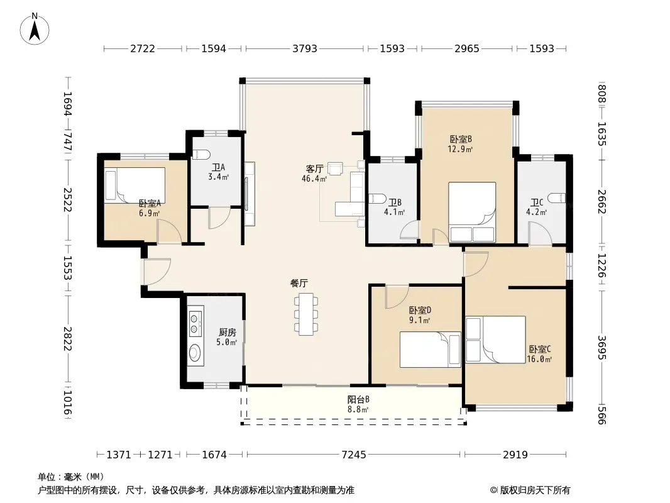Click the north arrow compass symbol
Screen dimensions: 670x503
[x=35, y=29]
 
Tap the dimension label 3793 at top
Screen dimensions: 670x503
[x=305, y=48]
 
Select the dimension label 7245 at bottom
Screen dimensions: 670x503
[x=354, y=455]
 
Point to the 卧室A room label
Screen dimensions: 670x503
[x=150, y=204]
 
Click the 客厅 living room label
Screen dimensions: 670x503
[x=314, y=169]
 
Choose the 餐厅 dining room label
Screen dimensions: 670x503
[x=299, y=283]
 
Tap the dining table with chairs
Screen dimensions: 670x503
[x=306, y=314]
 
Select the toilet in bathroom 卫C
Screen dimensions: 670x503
[x=557, y=198]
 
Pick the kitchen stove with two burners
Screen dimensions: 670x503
[x=195, y=323]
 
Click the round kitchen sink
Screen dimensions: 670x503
[x=195, y=353]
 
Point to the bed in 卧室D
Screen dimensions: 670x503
[x=431, y=350]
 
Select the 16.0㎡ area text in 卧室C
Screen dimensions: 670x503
[x=539, y=360]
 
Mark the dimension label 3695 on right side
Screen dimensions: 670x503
[x=601, y=348]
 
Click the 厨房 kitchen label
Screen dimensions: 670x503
[x=228, y=333]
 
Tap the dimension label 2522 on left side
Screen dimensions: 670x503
[x=67, y=199]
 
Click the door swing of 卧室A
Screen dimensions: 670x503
[x=170, y=232]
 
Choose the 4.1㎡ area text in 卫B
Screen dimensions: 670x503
[x=394, y=212]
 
